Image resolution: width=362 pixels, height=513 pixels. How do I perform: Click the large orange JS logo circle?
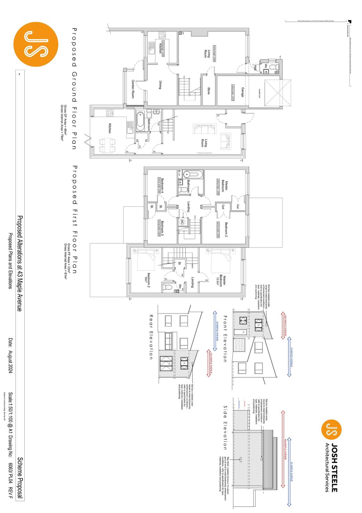[x=36, y=44]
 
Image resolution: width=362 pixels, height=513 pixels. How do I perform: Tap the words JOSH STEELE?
[x=334, y=467]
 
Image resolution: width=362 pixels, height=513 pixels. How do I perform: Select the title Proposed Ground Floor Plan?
[x=74, y=88]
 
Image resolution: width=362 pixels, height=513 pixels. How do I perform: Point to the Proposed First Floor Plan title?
[x=74, y=219]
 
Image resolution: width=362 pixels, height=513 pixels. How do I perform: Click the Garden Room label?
[x=133, y=89]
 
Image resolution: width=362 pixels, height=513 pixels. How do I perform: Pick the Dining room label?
[x=160, y=85]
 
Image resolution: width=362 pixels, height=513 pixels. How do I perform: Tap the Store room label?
[x=209, y=91]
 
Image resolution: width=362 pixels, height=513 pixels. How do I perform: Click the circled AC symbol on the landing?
[x=182, y=222]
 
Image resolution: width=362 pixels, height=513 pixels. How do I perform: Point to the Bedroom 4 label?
[x=164, y=185]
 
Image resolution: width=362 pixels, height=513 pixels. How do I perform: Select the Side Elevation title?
[x=225, y=427]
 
